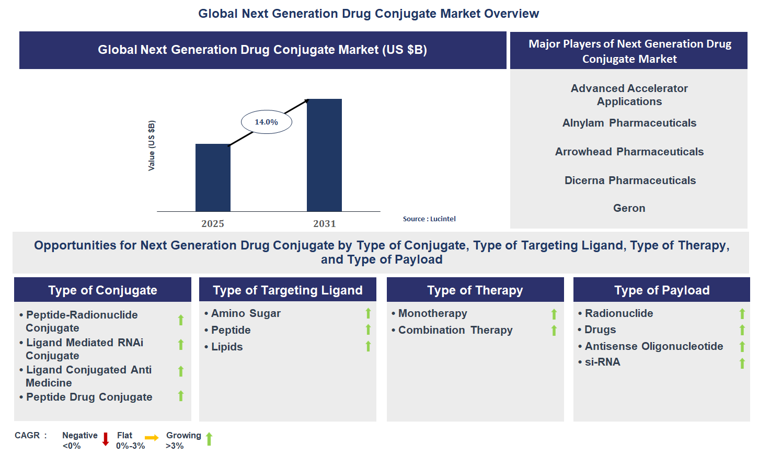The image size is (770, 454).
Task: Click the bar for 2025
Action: pyautogui.click(x=213, y=178)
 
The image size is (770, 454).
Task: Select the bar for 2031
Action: pyautogui.click(x=324, y=155)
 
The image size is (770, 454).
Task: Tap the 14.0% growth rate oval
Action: pyautogui.click(x=266, y=122)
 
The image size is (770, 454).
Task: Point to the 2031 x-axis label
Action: pyautogui.click(x=324, y=224)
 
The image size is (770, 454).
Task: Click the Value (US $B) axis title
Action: pyautogui.click(x=152, y=145)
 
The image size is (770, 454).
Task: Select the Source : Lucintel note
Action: pyautogui.click(x=429, y=219)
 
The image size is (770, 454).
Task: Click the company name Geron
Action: pyautogui.click(x=629, y=208)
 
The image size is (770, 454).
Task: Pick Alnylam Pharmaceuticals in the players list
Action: pyautogui.click(x=629, y=123)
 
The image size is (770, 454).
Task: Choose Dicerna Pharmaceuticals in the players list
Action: pyautogui.click(x=630, y=180)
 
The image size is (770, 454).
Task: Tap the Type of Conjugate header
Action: pyautogui.click(x=102, y=290)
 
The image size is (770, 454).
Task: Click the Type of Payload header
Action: pyautogui.click(x=661, y=290)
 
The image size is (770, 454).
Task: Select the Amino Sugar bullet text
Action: pyautogui.click(x=246, y=313)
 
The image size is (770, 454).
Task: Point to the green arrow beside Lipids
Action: pyautogui.click(x=368, y=346)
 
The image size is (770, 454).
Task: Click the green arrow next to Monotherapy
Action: pyautogui.click(x=554, y=314)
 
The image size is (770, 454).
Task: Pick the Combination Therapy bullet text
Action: pyautogui.click(x=455, y=330)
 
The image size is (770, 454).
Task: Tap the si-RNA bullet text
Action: pyautogui.click(x=602, y=362)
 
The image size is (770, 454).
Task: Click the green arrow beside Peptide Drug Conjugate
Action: pyautogui.click(x=181, y=396)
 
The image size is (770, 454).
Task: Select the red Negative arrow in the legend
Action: pyautogui.click(x=106, y=439)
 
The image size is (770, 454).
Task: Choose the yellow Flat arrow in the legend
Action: pyautogui.click(x=152, y=438)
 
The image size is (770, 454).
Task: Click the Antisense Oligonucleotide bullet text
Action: pyautogui.click(x=653, y=346)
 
